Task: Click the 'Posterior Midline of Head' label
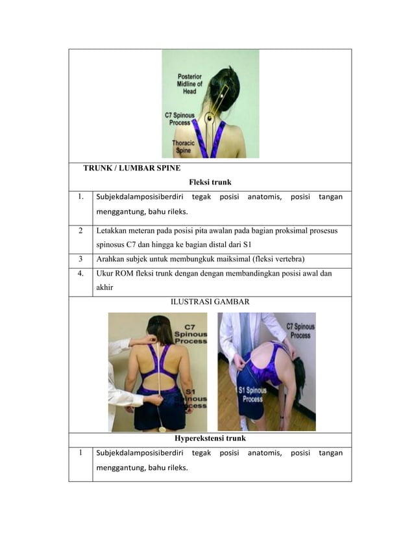point(189,84)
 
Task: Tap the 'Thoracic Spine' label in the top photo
point(182,146)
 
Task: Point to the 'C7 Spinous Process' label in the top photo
point(178,118)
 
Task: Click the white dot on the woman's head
point(221,96)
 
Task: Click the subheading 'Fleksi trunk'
point(210,182)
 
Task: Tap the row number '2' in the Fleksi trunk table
point(80,230)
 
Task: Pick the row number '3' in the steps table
point(80,258)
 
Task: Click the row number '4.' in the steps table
point(80,274)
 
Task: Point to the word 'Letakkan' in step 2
point(112,230)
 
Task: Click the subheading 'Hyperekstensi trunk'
point(210,438)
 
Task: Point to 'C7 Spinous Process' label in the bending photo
point(300,330)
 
